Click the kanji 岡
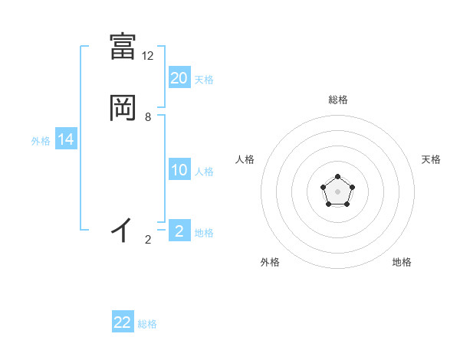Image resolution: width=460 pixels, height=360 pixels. [123, 107]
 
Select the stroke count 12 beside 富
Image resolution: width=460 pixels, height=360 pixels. [148, 56]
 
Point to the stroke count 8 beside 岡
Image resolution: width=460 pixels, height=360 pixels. [148, 117]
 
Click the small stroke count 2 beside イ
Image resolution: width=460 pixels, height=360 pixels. [148, 240]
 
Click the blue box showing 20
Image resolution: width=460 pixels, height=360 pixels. [179, 78]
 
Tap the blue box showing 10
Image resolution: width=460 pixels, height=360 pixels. [179, 170]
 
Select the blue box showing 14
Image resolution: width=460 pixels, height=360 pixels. [66, 139]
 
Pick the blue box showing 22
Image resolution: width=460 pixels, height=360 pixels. [123, 322]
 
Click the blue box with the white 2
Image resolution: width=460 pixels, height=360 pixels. [179, 231]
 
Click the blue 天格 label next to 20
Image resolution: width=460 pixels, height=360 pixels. [204, 80]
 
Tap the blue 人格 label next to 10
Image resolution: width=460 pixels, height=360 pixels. [204, 172]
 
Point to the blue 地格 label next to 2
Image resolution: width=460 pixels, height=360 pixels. [204, 233]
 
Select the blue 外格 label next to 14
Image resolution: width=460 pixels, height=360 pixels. [41, 141]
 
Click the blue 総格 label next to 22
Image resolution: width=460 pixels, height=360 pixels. [147, 324]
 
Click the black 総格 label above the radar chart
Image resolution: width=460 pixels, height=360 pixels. [338, 100]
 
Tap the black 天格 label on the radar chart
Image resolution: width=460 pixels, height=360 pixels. [431, 159]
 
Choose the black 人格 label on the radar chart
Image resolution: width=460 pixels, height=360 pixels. [245, 159]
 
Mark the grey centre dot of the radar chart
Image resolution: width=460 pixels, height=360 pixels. [337, 191]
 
